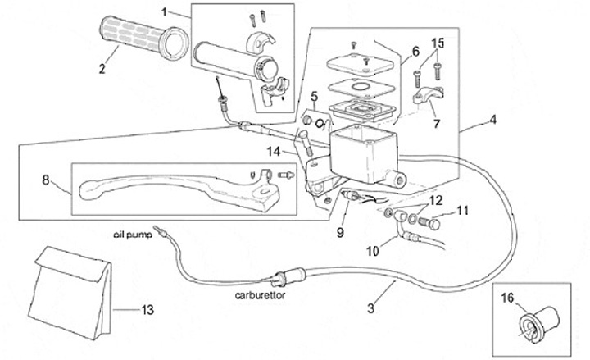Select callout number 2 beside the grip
[102, 69]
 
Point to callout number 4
[493, 121]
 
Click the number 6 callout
[415, 51]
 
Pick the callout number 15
[438, 42]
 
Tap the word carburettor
[260, 298]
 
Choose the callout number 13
[147, 310]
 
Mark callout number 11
[462, 212]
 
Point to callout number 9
[339, 232]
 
